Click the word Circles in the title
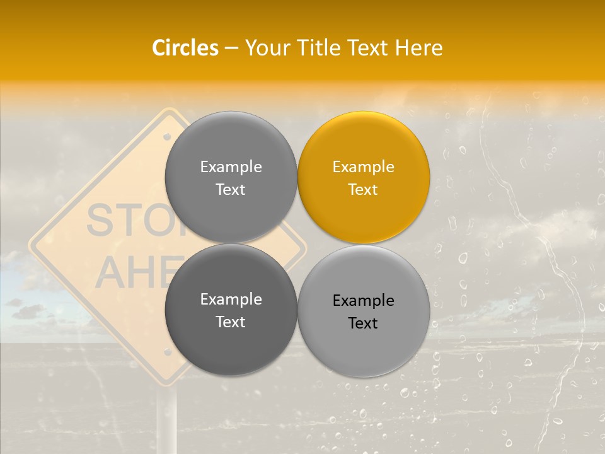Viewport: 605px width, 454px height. coord(185,48)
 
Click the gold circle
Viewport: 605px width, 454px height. coord(364,177)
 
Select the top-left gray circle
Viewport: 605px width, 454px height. coord(231,177)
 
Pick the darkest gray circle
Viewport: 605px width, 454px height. coord(231,310)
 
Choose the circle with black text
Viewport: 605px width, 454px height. coord(364,311)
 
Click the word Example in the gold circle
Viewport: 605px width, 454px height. coord(363,167)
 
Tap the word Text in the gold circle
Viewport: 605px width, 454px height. coord(363,189)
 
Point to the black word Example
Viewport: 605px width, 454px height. coord(363,301)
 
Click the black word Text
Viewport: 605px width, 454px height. coord(363,323)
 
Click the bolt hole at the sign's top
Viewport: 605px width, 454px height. coord(167,136)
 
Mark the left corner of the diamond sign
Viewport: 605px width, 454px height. coord(32,243)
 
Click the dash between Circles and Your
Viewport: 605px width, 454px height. coord(231,48)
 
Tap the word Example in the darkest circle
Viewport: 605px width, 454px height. coord(231,300)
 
